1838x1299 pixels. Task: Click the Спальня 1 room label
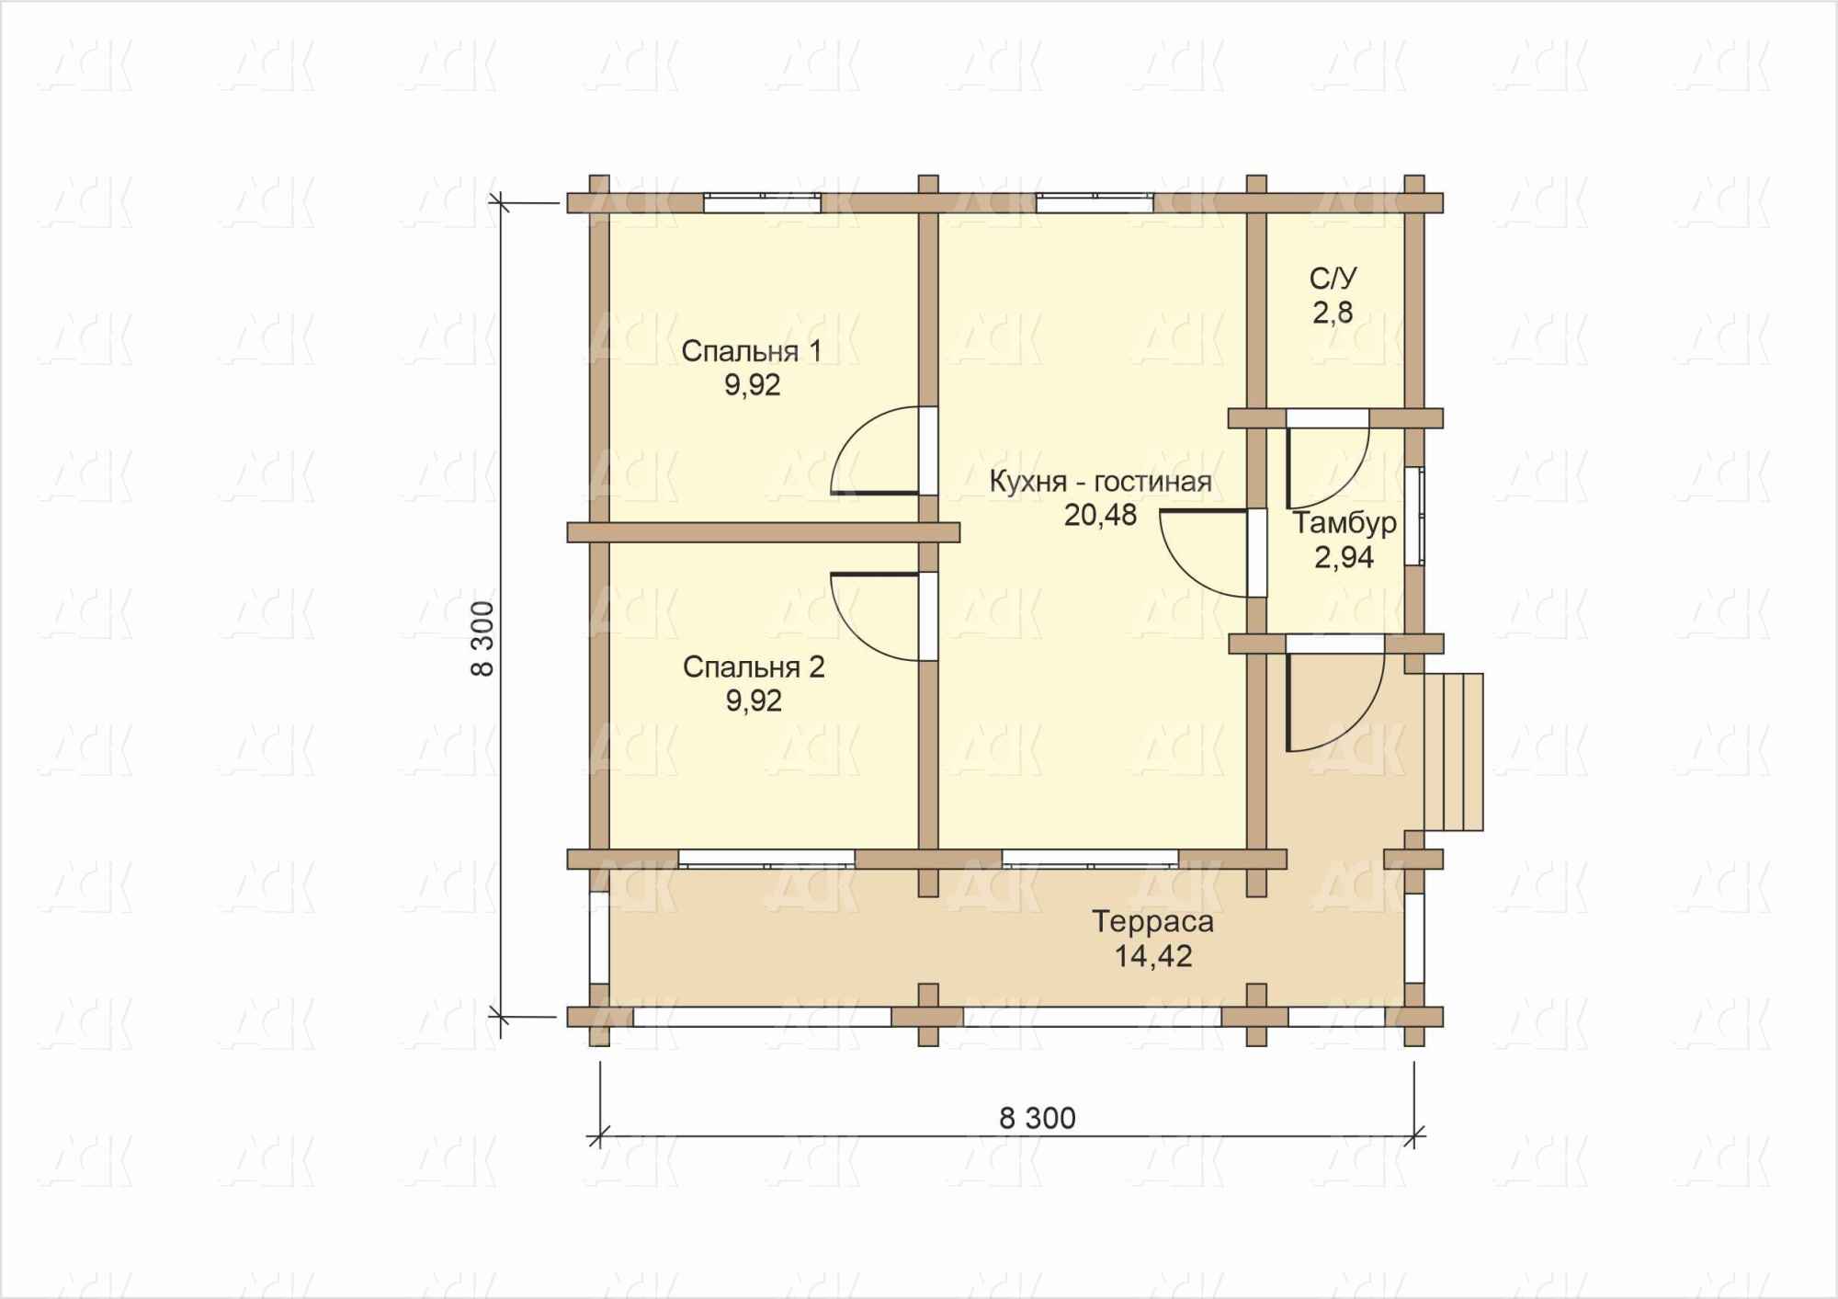point(751,351)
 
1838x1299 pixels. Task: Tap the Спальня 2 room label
point(754,667)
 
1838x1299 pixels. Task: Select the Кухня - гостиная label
point(1100,481)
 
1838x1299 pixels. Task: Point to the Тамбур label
point(1344,523)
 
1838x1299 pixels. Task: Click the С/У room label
point(1333,278)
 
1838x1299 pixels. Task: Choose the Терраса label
point(1152,921)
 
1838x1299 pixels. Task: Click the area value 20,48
point(1100,516)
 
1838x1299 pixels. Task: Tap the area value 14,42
point(1153,956)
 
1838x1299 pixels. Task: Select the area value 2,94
point(1344,557)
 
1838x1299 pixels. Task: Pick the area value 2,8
point(1333,313)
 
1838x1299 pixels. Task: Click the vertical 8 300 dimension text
point(482,639)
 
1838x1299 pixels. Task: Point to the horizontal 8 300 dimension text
point(1038,1118)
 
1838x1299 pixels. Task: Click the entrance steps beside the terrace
point(1454,752)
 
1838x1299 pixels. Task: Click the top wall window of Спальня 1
point(763,203)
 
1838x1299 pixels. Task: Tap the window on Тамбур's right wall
point(1415,516)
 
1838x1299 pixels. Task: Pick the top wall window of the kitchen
point(1095,203)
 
